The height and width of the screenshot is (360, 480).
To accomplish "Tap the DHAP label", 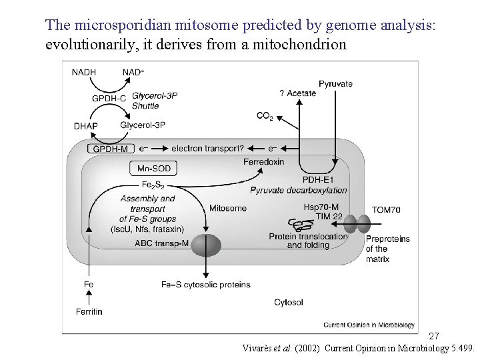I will [x=85, y=125].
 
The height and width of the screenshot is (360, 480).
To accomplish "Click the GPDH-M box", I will [x=110, y=149].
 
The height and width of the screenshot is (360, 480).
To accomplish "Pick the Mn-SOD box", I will [x=154, y=169].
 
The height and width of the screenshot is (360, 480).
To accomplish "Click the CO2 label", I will [x=265, y=116].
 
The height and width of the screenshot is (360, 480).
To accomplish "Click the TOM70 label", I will [x=386, y=210].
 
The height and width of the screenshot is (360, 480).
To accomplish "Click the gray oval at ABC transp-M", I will [x=205, y=245].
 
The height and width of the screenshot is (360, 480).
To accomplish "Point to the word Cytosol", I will [x=289, y=302].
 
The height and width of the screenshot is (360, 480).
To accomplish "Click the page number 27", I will [x=433, y=336].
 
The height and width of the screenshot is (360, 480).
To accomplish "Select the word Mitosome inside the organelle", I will [x=228, y=208].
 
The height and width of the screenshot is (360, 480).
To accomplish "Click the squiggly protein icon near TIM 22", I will [x=295, y=226].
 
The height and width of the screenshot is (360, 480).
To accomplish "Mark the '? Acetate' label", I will [x=297, y=93].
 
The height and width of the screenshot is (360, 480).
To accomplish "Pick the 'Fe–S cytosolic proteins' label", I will [x=206, y=285].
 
